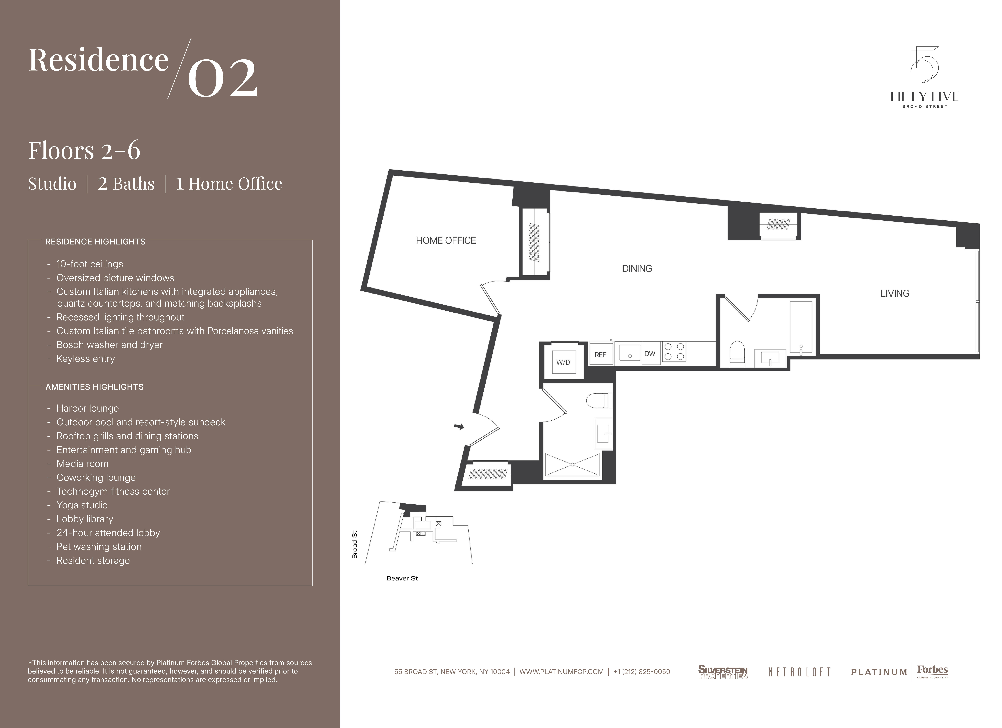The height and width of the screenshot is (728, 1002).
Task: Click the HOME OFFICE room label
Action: tap(446, 240)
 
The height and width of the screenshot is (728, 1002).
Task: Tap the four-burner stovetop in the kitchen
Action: tap(674, 352)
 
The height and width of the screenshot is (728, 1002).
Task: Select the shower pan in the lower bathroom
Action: tap(572, 465)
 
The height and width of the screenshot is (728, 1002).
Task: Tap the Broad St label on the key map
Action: tap(354, 545)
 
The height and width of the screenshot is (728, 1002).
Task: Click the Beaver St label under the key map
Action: tap(402, 578)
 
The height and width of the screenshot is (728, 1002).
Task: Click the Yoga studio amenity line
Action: tap(82, 505)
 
